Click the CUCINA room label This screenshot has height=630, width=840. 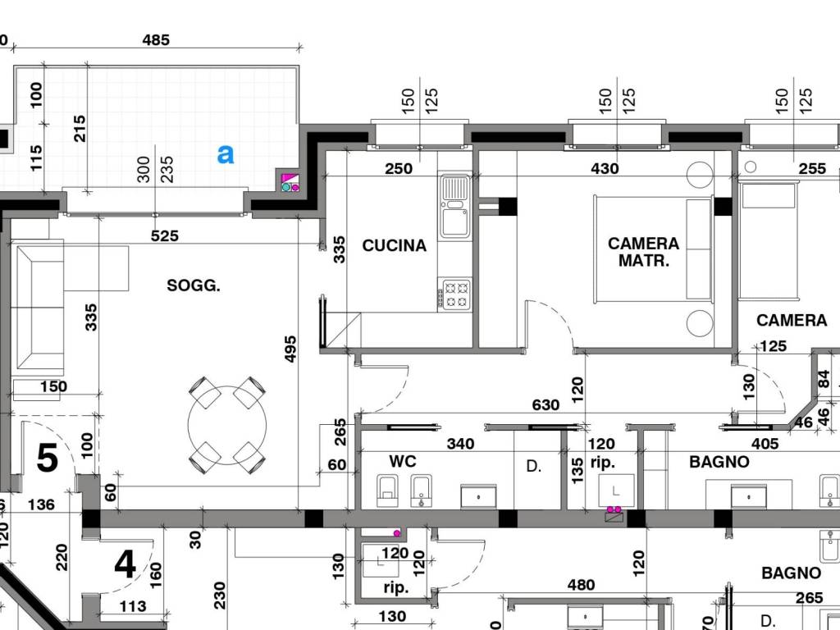pos(395,246)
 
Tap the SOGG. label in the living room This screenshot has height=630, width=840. pos(194,285)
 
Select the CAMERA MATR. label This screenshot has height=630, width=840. pos(643,253)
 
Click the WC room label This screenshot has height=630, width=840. pos(402,462)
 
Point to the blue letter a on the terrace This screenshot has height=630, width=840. pos(226,154)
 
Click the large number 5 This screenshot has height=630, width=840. pos(47,458)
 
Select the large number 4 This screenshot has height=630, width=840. pos(125,564)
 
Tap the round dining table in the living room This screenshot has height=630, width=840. pos(227,425)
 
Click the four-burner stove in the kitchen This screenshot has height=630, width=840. pos(454,294)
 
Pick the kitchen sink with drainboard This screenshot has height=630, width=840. pos(454,206)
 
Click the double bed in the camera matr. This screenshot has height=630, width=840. pos(654,249)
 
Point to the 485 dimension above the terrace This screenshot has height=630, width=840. pos(156,40)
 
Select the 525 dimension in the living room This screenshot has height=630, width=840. pos(164,235)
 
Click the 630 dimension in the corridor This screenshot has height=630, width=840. pos(546,404)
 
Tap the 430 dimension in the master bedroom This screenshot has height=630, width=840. pos(605,169)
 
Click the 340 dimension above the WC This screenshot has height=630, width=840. pos(461,444)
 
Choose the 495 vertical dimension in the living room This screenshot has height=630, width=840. pos(290,349)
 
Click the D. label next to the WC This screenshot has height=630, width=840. pos(533,466)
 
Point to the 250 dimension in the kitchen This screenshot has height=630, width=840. pos(399,169)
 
